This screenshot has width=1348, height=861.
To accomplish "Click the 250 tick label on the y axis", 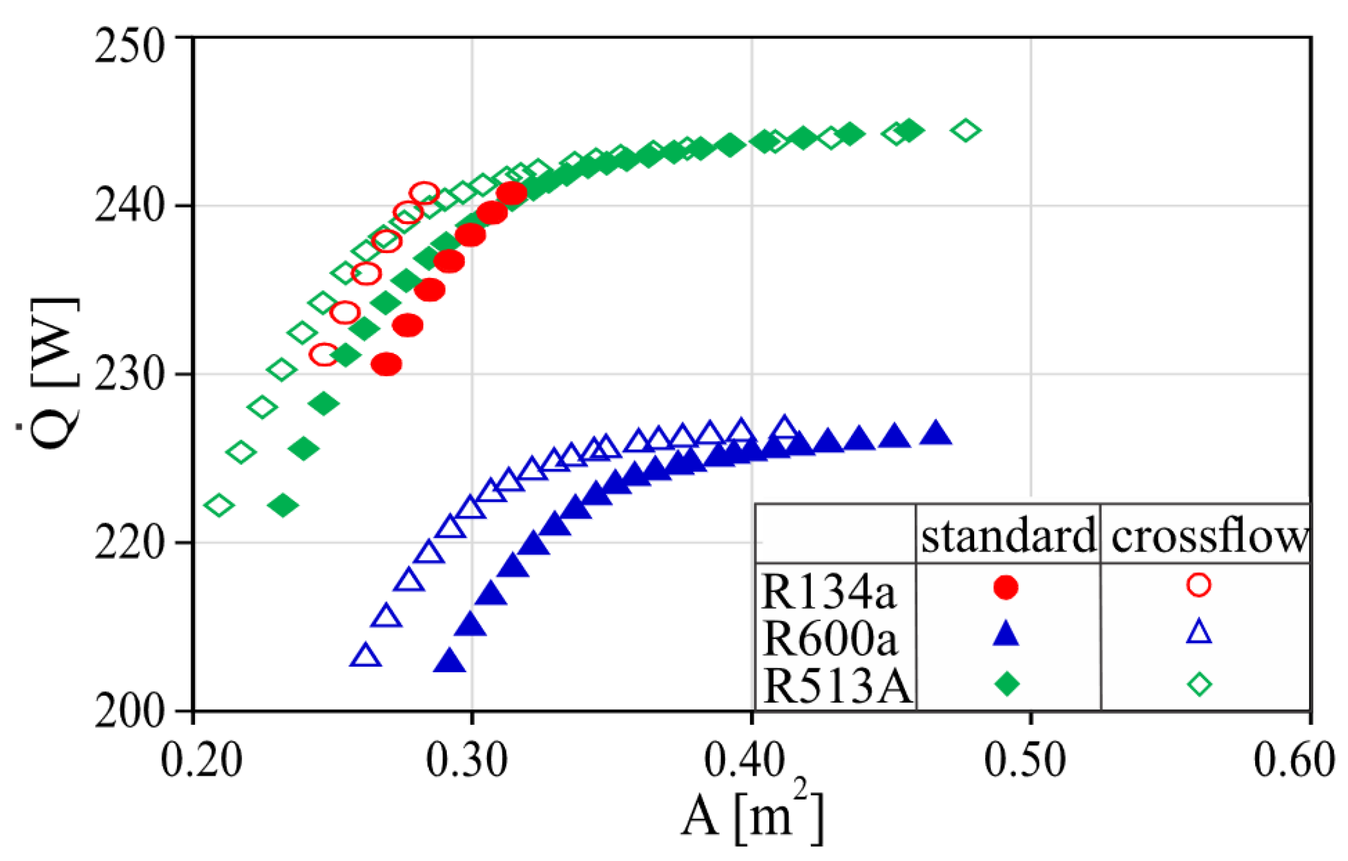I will (130, 46).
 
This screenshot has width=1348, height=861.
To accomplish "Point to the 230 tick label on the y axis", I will (130, 374).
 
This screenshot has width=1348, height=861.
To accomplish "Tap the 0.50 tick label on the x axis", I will (1025, 759).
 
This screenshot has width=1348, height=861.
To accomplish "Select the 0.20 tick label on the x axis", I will (201, 759).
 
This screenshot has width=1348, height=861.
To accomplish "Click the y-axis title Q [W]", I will (54, 374).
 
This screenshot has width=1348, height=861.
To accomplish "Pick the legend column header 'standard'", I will (1008, 536).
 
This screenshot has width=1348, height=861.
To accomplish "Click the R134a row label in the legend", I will (828, 591).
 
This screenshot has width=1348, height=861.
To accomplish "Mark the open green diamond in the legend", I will (1199, 684).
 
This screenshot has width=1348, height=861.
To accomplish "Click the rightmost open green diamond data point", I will (966, 131).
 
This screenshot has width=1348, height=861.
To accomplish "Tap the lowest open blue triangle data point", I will (366, 655).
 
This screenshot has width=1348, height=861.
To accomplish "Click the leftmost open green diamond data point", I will (218, 505).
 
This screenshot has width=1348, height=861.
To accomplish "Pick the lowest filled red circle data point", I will (387, 364).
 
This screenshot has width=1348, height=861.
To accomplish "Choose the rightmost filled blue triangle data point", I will (936, 434).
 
